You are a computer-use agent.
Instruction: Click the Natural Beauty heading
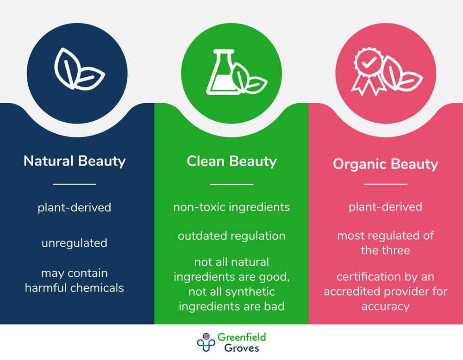click(75, 161)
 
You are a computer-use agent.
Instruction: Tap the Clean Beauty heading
click(231, 161)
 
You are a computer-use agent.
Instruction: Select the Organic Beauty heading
click(385, 164)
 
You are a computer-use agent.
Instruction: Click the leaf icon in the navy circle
click(79, 68)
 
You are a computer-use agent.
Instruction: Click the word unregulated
click(75, 243)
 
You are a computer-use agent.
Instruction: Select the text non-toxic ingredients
click(231, 207)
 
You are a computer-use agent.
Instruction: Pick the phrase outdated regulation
click(231, 236)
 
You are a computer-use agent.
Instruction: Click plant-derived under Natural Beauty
click(75, 207)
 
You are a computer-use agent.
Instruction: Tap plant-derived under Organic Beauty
click(385, 207)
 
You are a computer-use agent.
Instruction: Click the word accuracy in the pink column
click(385, 306)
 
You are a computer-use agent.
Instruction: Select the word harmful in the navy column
click(46, 288)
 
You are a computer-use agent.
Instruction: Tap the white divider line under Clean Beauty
click(231, 184)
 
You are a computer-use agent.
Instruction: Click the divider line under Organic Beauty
click(385, 184)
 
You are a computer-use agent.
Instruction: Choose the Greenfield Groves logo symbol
click(206, 342)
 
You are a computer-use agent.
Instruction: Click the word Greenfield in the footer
click(242, 337)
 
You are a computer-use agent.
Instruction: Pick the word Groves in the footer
click(242, 348)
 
